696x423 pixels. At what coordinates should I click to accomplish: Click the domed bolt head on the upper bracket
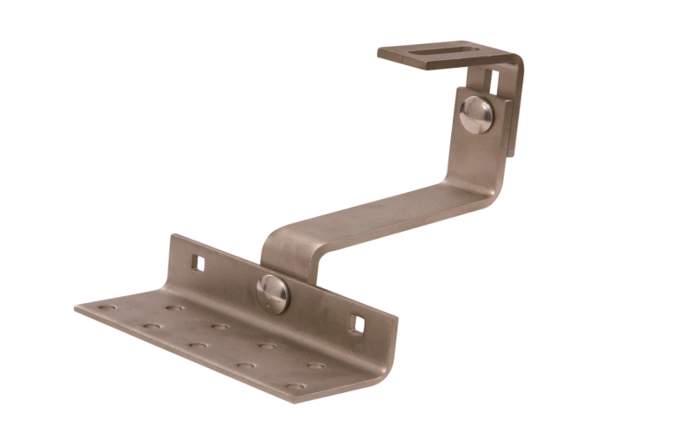[x=477, y=115]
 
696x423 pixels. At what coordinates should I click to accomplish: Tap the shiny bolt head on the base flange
[x=272, y=293]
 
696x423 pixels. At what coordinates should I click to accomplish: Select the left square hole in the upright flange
[x=199, y=262]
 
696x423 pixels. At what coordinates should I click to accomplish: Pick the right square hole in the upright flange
[x=356, y=323]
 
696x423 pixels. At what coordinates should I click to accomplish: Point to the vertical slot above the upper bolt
[x=490, y=82]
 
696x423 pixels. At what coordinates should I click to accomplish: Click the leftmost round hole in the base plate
[x=107, y=308]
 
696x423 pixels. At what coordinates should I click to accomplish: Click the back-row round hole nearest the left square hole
[x=175, y=308]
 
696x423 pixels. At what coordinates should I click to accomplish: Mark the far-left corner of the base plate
[x=77, y=308]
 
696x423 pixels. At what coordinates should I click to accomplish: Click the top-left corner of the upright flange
[x=173, y=235]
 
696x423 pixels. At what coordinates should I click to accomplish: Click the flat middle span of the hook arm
[x=379, y=211]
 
